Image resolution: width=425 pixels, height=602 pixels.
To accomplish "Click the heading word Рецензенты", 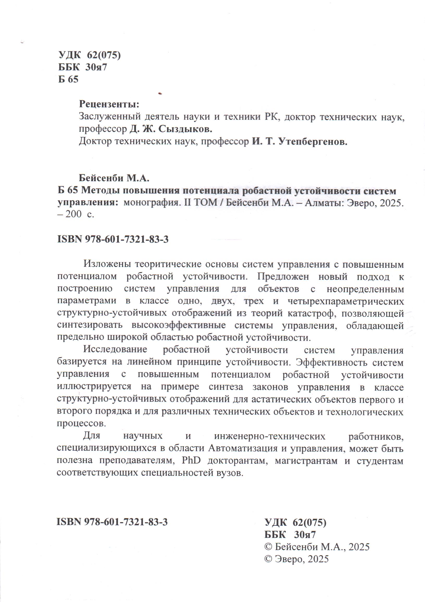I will [x=109, y=105].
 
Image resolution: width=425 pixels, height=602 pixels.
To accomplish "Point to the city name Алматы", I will [x=324, y=203].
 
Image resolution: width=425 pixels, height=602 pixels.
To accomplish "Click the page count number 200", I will [x=73, y=214].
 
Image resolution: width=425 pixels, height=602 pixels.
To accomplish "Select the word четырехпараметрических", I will [x=346, y=301].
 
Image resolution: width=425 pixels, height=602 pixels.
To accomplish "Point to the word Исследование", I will [x=115, y=350].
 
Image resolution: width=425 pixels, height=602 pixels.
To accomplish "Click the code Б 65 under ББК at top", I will [x=68, y=80].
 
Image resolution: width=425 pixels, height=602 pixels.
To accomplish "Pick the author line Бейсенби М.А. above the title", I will [x=114, y=178].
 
